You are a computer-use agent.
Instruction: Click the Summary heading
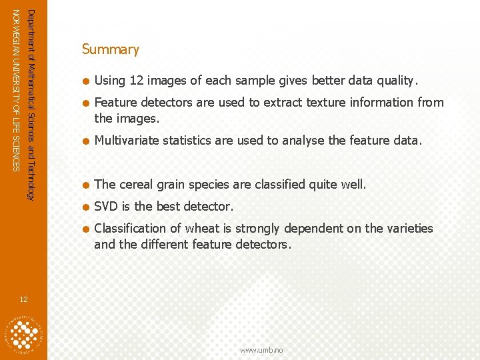110,49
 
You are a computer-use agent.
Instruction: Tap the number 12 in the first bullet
136,81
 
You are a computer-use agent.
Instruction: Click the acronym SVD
107,206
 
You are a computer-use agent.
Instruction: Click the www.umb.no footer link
261,350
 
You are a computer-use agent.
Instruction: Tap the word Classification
131,229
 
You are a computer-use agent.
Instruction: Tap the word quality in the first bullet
396,81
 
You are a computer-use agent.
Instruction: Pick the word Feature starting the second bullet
114,103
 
